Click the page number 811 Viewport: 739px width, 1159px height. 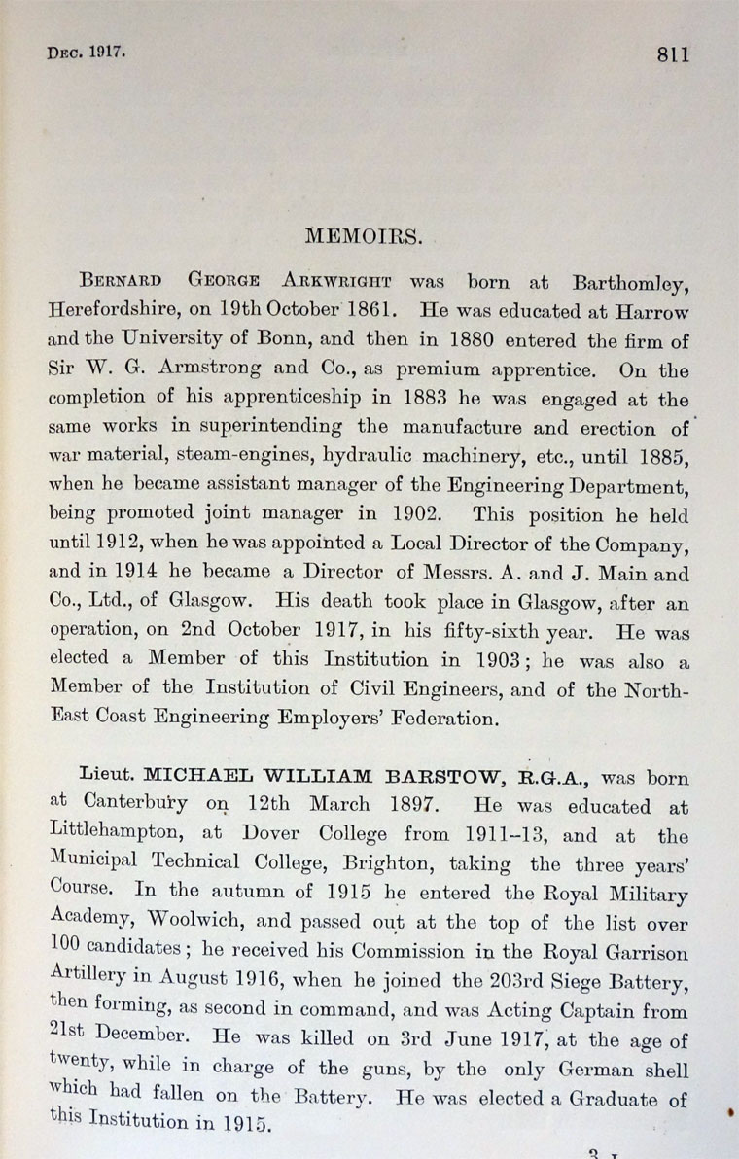672,55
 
